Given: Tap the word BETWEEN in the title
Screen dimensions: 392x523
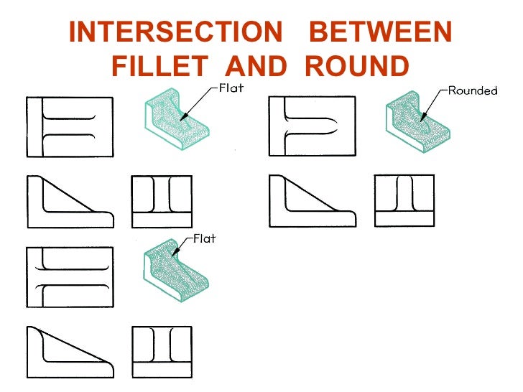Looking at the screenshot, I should (385, 32).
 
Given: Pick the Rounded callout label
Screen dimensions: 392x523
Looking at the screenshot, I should (473, 91).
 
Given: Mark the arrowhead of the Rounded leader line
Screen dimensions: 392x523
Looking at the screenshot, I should (425, 117).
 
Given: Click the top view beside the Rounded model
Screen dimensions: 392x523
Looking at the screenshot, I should (311, 126).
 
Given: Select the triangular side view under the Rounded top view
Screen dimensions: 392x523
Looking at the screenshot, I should (311, 200).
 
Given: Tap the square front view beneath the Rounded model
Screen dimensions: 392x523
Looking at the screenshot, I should (404, 200).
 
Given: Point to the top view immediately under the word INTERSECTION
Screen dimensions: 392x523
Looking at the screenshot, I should (70, 126).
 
